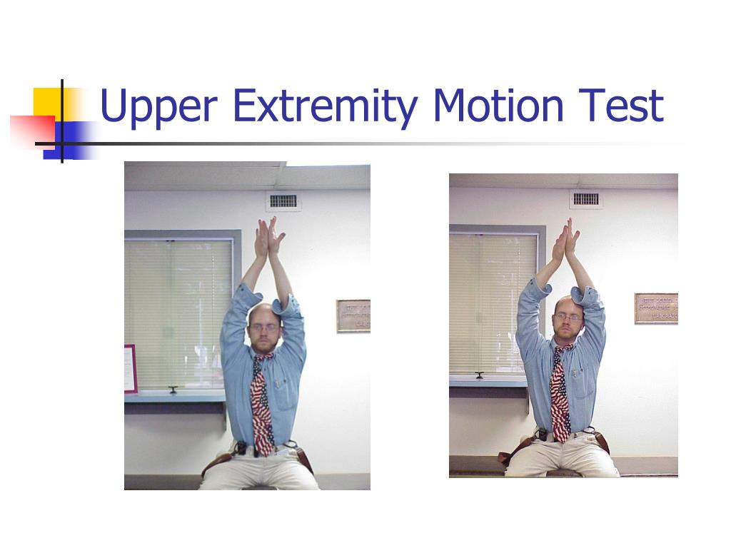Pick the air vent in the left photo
click(283, 201)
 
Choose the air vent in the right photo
click(586, 199)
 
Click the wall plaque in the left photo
click(353, 315)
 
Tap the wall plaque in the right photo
click(656, 308)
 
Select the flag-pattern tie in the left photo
click(261, 407)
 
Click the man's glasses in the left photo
click(264, 328)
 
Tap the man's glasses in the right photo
click(568, 318)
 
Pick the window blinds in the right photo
click(493, 303)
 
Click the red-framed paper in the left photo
click(130, 368)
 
